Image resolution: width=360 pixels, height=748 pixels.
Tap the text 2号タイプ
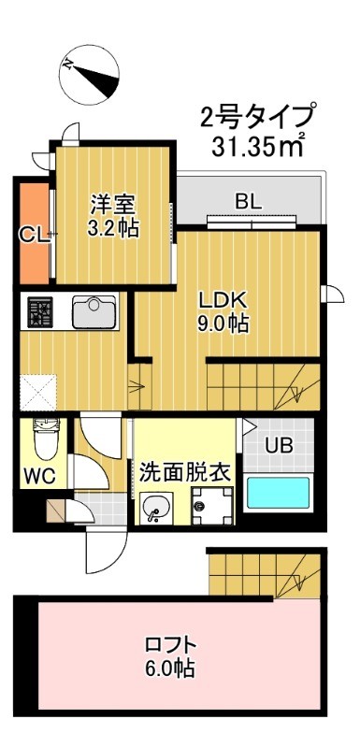257,119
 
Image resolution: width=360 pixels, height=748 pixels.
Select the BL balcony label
248,200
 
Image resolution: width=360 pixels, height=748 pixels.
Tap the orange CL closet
34,234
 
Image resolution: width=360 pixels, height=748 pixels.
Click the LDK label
225,301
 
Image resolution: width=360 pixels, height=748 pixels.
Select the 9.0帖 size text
225,324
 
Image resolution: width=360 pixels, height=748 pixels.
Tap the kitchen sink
94,311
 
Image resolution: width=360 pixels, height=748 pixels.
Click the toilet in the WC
42,439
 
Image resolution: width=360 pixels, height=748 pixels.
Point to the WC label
40,475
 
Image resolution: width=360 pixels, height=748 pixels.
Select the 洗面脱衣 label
185,471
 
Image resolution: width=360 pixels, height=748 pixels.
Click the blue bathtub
278,493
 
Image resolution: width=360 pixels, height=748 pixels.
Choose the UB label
279,445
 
